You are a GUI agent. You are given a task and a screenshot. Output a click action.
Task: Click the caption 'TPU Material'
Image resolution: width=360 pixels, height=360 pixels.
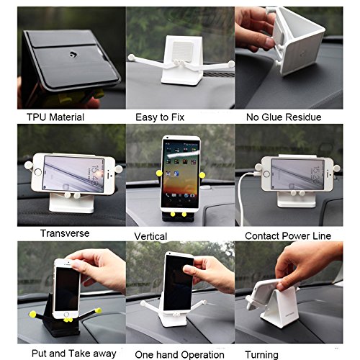click(x=55, y=117)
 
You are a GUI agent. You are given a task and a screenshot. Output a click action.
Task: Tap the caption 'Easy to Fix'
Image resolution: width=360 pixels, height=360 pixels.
click(x=160, y=117)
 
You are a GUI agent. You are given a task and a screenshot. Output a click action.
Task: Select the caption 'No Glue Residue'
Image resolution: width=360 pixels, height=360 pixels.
click(x=284, y=117)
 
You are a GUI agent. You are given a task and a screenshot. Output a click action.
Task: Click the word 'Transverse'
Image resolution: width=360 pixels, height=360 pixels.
click(x=65, y=233)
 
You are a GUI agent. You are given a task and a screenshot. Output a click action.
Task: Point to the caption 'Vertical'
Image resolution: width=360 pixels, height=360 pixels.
click(x=150, y=236)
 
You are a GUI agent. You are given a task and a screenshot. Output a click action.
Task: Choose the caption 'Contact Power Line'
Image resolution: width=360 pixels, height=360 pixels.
click(x=288, y=236)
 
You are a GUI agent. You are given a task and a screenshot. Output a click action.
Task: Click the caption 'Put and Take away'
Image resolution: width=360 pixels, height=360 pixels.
click(x=74, y=354)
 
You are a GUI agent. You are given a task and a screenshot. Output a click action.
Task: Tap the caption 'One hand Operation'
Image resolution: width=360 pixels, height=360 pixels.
click(x=179, y=355)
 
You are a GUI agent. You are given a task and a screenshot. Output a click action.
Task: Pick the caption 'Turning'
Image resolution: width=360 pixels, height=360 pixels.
click(x=261, y=355)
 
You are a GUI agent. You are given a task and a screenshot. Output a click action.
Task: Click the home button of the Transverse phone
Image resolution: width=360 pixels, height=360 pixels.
click(x=38, y=172)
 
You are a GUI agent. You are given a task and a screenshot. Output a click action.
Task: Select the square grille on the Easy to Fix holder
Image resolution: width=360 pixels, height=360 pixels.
click(x=182, y=51)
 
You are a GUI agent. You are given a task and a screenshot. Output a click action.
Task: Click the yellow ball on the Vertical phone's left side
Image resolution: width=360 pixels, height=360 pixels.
click(x=159, y=173)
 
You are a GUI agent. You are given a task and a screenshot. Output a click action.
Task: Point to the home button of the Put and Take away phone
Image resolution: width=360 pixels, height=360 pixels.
click(x=66, y=315)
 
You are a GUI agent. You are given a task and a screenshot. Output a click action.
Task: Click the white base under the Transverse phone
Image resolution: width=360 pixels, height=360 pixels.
click(x=71, y=203)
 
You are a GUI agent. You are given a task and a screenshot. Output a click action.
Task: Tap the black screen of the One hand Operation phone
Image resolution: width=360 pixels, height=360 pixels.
click(x=178, y=283)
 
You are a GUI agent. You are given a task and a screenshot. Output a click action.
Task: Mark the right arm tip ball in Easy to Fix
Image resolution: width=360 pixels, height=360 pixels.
click(x=231, y=64)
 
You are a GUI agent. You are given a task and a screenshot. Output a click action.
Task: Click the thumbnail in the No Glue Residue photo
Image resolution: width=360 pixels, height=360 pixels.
click(x=270, y=42)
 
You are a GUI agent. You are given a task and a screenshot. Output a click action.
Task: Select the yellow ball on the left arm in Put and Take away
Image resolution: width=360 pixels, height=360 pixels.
click(x=32, y=314)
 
